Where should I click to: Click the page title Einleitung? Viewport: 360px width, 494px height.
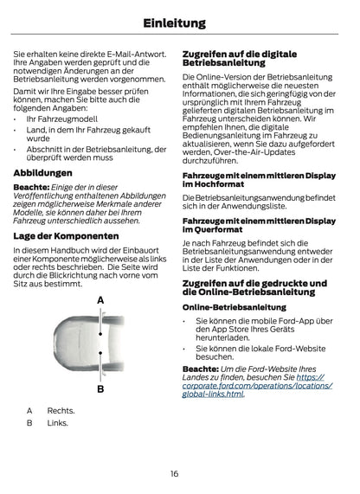coord(180,23)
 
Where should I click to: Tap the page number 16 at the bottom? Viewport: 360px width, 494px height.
coord(174,473)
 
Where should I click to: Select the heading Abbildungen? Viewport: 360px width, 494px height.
coord(43,172)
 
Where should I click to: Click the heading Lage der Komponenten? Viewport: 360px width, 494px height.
coord(67,235)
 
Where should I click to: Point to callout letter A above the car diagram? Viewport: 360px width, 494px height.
coord(100,299)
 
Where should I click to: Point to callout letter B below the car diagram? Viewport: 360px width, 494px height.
coord(100,389)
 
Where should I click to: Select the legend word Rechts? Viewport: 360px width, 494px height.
coord(61,410)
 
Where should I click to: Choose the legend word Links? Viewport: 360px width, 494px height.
coord(58,423)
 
